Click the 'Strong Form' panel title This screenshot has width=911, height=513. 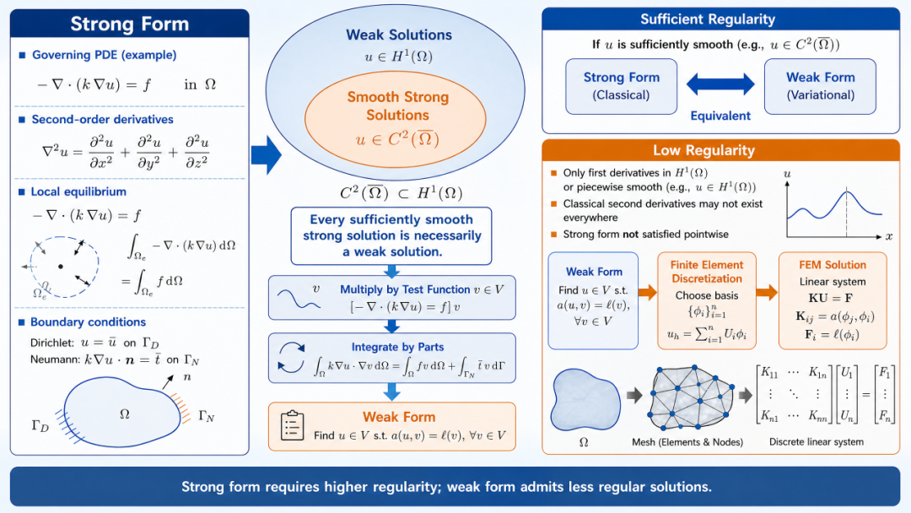click(130, 24)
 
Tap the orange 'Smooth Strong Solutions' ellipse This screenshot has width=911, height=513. click(395, 118)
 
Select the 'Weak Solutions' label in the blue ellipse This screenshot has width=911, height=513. click(398, 35)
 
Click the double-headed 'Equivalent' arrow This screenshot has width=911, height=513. click(720, 84)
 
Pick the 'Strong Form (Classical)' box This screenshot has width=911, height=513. click(621, 86)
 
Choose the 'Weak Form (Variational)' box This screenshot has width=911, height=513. click(820, 86)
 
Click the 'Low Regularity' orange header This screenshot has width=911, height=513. click(720, 150)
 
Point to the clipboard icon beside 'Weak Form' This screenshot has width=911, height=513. click(292, 425)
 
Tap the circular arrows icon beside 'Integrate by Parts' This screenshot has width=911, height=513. click(291, 357)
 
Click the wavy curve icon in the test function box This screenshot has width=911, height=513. click(299, 299)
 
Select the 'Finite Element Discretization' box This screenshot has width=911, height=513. click(707, 300)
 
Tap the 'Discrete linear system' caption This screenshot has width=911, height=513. click(817, 442)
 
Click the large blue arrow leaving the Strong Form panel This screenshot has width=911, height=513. click(267, 155)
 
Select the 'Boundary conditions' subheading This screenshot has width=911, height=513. click(88, 321)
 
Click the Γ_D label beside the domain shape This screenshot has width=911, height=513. click(40, 426)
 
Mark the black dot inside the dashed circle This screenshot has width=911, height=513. click(61, 267)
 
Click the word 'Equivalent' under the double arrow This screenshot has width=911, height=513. click(720, 116)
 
